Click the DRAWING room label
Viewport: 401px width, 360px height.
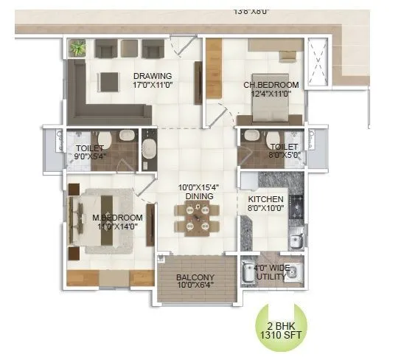pos(153,75)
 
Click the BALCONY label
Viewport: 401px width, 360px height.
pos(195,279)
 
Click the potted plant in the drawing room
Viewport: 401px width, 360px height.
pos(77,49)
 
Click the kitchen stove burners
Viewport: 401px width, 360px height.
pos(296,206)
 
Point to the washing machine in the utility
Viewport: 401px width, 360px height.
pos(251,272)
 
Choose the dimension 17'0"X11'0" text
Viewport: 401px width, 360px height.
pos(153,85)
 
